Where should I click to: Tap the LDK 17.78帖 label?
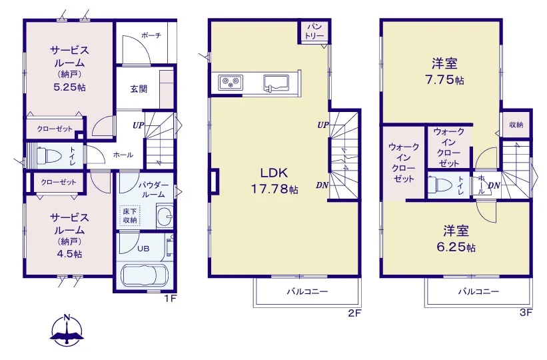click(x=274, y=181)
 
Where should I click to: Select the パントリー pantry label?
click(x=314, y=31)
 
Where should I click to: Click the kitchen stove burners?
click(x=231, y=83)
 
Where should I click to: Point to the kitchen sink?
click(x=276, y=84)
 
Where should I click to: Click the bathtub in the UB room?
click(x=145, y=274)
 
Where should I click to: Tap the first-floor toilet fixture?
click(x=49, y=155)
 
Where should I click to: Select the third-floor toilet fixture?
click(x=440, y=183)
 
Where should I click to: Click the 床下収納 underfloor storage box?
click(x=130, y=216)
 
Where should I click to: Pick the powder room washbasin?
click(x=165, y=217)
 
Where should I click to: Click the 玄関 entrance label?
click(x=139, y=89)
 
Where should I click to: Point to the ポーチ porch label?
click(x=151, y=35)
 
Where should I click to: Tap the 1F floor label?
click(x=171, y=299)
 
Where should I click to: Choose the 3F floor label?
click(x=526, y=312)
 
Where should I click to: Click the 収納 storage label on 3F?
click(x=516, y=124)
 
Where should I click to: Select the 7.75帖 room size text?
click(x=444, y=80)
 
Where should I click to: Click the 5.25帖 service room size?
click(x=70, y=87)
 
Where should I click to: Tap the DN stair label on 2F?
click(x=322, y=185)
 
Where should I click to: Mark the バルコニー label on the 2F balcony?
click(x=307, y=291)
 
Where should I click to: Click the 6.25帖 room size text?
click(x=456, y=247)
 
